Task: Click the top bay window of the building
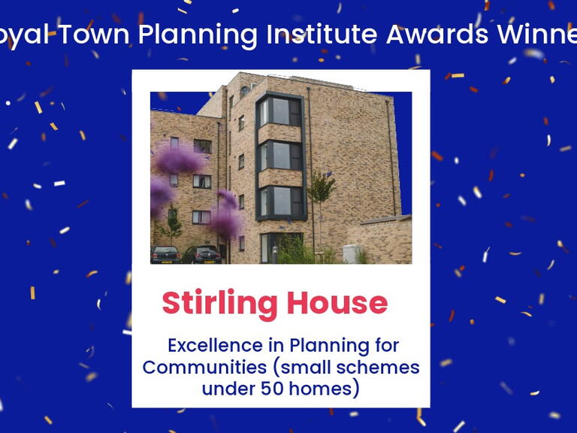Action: coord(279,112)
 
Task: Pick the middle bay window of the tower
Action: coord(279,156)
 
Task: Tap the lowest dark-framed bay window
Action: coord(279,201)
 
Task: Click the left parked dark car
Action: coord(165,255)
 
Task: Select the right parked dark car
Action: coord(201,255)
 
